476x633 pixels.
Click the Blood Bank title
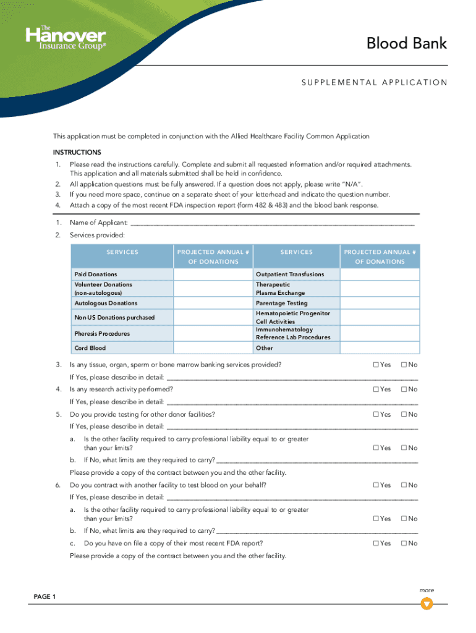point(406,44)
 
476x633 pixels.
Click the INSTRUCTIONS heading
point(77,152)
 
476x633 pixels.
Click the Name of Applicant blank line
point(272,223)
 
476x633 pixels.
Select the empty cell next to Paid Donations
point(213,274)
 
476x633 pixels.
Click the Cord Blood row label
point(90,348)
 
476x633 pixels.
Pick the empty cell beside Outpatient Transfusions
point(380,274)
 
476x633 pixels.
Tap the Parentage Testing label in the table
point(281,303)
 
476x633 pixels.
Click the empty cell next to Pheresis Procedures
point(213,334)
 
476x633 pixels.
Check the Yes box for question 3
point(376,365)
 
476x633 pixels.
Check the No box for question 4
point(404,389)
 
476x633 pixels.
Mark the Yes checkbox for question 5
point(376,414)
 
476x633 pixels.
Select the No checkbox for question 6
point(404,485)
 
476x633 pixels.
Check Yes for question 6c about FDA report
point(376,543)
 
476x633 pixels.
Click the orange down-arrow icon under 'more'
point(427,603)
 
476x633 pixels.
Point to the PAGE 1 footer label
point(45,597)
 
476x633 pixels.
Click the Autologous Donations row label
point(106,303)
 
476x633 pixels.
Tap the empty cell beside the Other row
point(380,348)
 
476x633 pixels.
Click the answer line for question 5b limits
point(317,461)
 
